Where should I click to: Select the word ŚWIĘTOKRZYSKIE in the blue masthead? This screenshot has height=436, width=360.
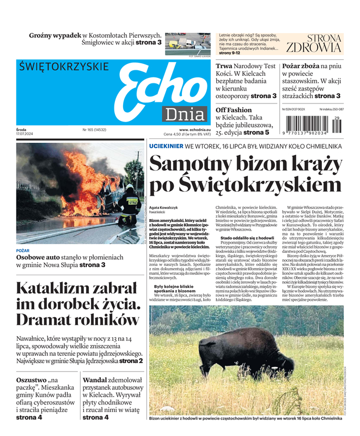(x=63, y=68)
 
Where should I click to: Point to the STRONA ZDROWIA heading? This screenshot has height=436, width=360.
(x=314, y=43)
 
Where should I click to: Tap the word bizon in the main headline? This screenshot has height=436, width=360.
(x=249, y=164)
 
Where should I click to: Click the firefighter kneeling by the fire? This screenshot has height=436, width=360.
(x=129, y=209)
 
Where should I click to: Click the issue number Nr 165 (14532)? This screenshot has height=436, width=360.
(x=95, y=130)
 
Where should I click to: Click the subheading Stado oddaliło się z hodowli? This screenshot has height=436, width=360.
(x=247, y=238)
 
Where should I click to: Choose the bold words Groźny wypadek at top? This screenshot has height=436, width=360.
(x=55, y=35)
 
